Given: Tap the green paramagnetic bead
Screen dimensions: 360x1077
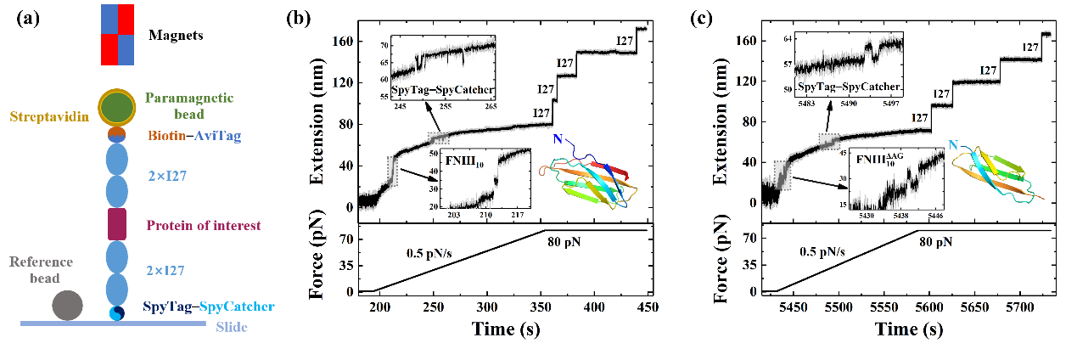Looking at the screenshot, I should coord(117,107).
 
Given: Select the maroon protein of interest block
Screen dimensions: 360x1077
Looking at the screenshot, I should coord(117,223).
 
